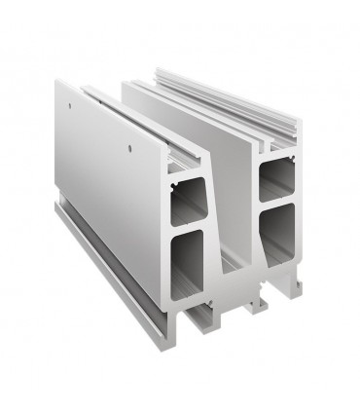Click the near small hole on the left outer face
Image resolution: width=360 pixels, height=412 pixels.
(130, 149)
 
